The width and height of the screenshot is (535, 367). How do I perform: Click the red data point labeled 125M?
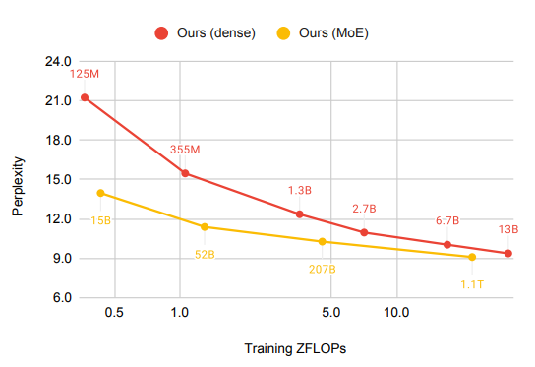[85, 98]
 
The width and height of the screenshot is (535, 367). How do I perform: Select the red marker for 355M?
[185, 173]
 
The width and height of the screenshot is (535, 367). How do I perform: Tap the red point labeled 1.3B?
[300, 214]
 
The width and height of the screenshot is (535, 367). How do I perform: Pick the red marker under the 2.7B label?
[364, 232]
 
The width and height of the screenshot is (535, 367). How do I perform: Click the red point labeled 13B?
[508, 253]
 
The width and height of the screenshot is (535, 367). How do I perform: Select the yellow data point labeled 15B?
[100, 193]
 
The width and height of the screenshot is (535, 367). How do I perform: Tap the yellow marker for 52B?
[205, 227]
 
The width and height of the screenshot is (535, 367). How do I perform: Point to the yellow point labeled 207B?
[323, 242]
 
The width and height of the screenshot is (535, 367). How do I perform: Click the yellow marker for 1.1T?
[472, 257]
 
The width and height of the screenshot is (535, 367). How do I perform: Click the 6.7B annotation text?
[447, 220]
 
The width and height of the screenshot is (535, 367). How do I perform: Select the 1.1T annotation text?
[472, 284]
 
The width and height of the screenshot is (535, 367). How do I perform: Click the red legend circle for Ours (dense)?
[161, 33]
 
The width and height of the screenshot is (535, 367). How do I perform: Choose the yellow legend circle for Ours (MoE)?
[283, 33]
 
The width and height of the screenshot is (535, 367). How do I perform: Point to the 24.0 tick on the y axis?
[58, 61]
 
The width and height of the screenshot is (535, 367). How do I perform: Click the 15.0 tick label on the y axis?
[58, 179]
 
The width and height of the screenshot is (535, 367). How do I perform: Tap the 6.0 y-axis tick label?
[62, 297]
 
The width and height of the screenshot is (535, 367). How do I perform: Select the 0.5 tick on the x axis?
[114, 312]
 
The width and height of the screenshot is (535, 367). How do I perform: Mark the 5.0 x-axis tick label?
[331, 312]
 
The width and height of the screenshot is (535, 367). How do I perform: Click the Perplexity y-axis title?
[18, 186]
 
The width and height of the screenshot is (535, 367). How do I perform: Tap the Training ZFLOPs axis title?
[295, 348]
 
